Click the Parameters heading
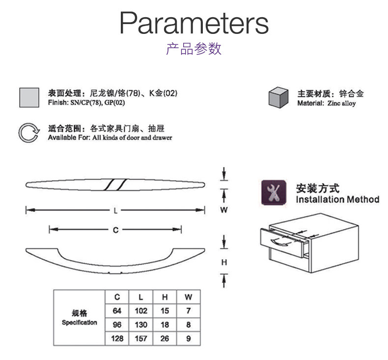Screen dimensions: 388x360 point(194,23)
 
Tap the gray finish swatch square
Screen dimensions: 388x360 point(28,97)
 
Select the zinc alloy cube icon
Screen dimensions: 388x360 point(277,97)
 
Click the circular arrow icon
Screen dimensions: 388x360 point(28,133)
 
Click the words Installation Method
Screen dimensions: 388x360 point(337,199)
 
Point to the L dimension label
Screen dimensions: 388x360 point(115,211)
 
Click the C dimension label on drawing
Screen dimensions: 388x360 point(115,229)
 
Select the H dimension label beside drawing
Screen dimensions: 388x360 point(224,262)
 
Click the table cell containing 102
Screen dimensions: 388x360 point(141,311)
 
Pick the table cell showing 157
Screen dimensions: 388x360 point(141,338)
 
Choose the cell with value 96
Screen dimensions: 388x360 point(117,325)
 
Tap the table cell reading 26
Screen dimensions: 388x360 point(165,338)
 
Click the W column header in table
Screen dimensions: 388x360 point(188,297)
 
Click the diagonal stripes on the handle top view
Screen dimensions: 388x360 point(115,184)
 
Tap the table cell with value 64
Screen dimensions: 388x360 point(117,311)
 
